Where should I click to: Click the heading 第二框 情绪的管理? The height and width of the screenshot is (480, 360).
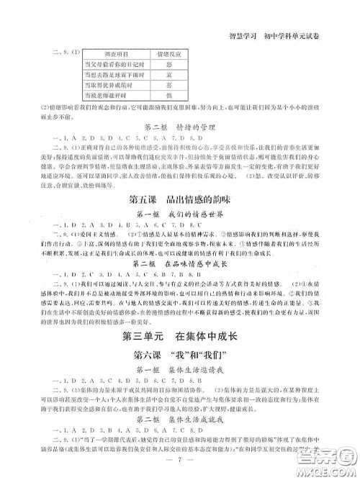pyautogui.click(x=180, y=128)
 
